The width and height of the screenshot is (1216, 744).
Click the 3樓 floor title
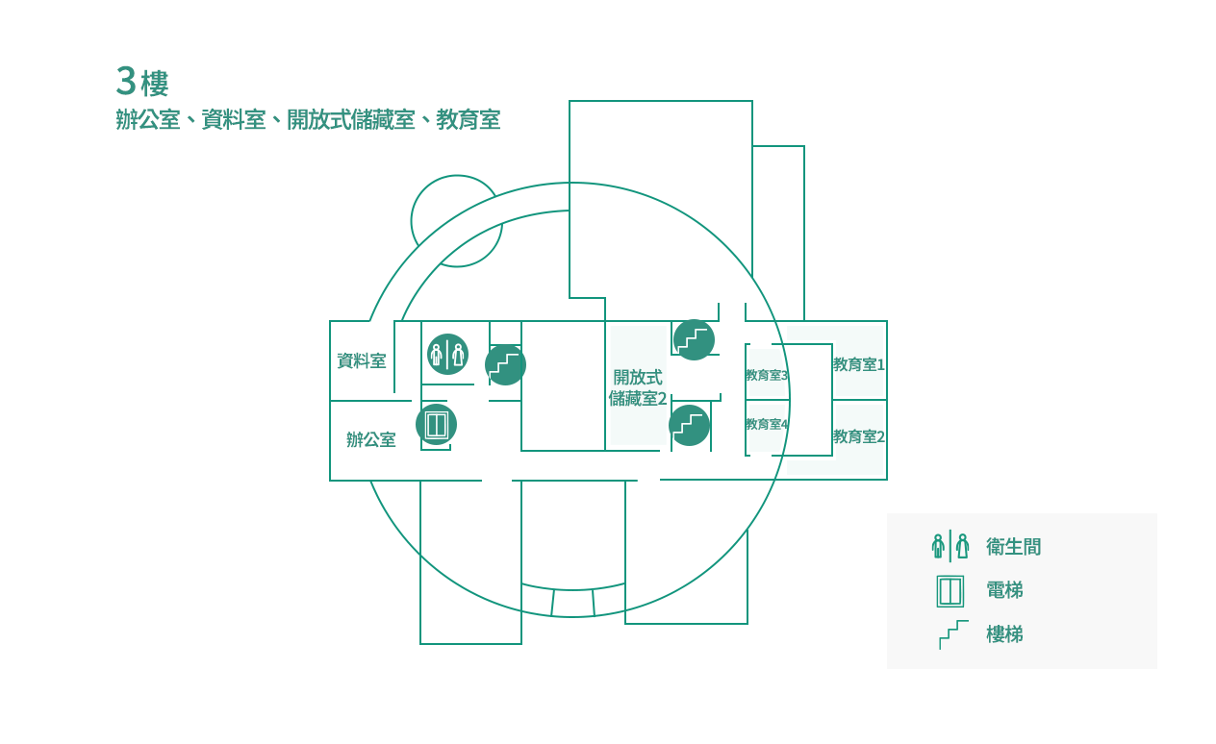pyautogui.click(x=142, y=82)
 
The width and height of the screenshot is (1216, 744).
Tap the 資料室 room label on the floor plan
pyautogui.click(x=362, y=360)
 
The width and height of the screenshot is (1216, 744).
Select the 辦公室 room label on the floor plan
pyautogui.click(x=371, y=439)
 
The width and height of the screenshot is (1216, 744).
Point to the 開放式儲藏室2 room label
pyautogui.click(x=637, y=387)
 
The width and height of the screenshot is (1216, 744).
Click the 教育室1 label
pyautogui.click(x=859, y=364)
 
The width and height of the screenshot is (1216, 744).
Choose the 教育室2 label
pyautogui.click(x=859, y=436)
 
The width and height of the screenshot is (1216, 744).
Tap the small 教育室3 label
pyautogui.click(x=767, y=375)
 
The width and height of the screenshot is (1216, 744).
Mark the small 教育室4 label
pyautogui.click(x=767, y=424)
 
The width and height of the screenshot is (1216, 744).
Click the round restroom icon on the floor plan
pyautogui.click(x=447, y=354)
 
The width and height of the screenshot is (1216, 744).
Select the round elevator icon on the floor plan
pyautogui.click(x=436, y=425)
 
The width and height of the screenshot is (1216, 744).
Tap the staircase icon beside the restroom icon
pyautogui.click(x=505, y=365)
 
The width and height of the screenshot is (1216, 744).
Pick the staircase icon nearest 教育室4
pyautogui.click(x=690, y=426)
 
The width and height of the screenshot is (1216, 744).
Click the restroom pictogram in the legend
pyautogui.click(x=950, y=546)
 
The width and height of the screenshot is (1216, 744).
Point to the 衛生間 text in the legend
pyautogui.click(x=1014, y=547)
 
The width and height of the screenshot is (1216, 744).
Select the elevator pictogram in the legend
pyautogui.click(x=950, y=591)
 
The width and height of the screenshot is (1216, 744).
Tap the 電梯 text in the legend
pyautogui.click(x=1004, y=590)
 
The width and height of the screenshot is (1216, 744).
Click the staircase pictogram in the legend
pyautogui.click(x=953, y=634)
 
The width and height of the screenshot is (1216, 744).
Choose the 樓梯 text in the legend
pyautogui.click(x=1004, y=633)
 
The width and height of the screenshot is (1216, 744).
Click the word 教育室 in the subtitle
pyautogui.click(x=468, y=119)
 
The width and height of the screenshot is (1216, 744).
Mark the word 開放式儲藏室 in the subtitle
pyautogui.click(x=351, y=119)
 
